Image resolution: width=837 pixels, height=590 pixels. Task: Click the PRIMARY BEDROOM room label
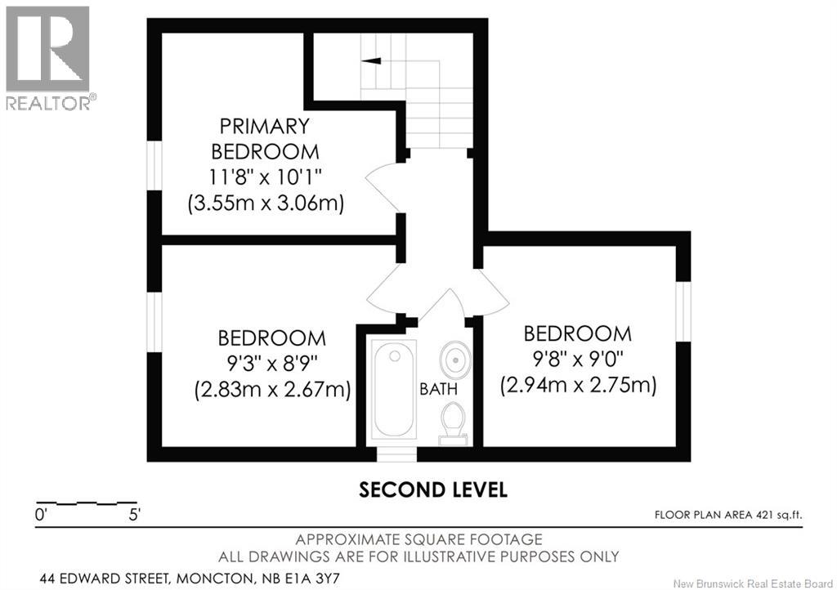coord(265,138)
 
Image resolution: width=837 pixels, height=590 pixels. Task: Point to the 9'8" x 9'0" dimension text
coord(578,359)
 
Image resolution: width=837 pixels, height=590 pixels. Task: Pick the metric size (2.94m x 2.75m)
coord(578,385)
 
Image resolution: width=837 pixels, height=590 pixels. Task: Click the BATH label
coord(438,389)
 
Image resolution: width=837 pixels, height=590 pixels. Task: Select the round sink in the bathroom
coord(453,359)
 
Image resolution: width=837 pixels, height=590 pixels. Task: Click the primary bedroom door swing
coord(381,183)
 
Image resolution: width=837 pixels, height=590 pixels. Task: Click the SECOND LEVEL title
coord(434,489)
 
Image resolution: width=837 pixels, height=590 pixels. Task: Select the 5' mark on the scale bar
coord(133,515)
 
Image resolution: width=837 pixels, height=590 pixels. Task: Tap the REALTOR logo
coord(48,57)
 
